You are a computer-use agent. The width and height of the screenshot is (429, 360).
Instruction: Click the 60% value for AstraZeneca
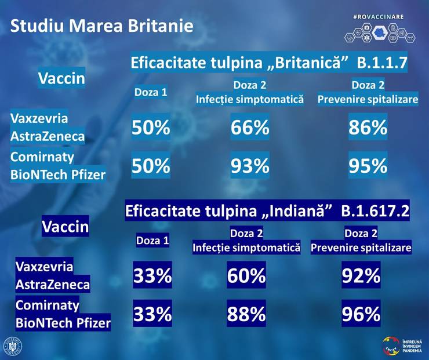point(246,276)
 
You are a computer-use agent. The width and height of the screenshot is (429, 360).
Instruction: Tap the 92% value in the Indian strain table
point(361,276)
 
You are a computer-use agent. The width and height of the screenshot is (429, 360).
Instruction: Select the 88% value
point(246,314)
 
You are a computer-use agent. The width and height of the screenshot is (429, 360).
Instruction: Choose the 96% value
point(361,314)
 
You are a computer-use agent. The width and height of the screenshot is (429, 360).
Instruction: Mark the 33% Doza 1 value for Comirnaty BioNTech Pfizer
point(152,314)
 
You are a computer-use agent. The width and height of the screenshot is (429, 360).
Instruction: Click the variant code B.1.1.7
point(382,61)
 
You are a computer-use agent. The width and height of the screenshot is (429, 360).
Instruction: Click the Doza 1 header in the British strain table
point(151,92)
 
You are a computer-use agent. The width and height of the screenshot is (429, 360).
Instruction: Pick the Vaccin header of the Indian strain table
point(65,227)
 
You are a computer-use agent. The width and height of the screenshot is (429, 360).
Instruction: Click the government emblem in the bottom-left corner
point(13,346)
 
